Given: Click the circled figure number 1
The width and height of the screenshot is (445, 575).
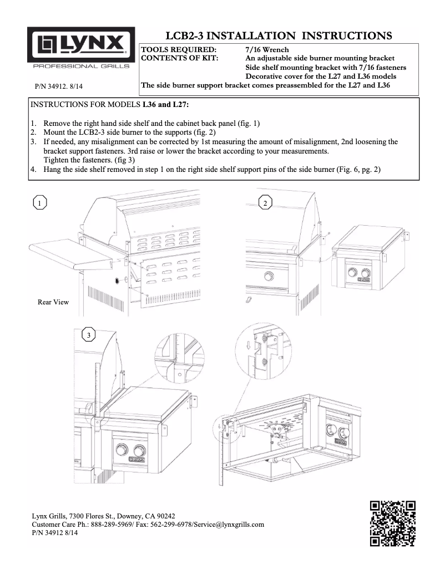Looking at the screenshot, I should (x=39, y=203).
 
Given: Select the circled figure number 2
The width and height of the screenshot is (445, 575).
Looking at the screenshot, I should (x=266, y=203).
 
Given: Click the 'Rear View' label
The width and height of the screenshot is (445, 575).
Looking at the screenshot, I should (x=53, y=302).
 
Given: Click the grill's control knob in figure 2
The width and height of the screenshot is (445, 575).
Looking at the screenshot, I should (x=270, y=276).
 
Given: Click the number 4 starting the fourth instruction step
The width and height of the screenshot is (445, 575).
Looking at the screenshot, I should (x=33, y=169).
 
